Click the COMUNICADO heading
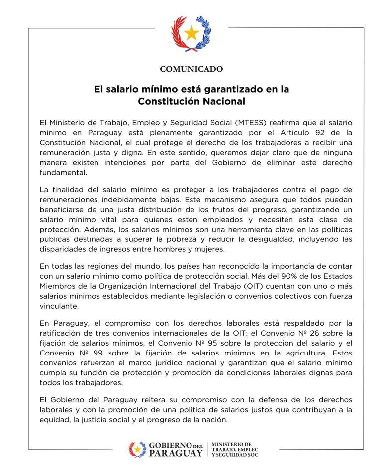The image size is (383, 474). [191, 69]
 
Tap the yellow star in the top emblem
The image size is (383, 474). [191, 34]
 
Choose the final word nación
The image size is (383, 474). [215, 420]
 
